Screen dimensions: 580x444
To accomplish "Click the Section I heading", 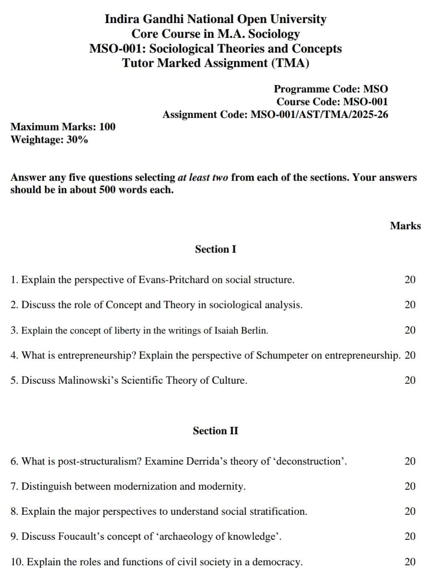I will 215,249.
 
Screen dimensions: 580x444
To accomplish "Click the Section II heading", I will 215,431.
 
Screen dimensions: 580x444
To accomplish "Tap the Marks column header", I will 405,226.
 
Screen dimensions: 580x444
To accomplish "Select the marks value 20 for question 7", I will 410,486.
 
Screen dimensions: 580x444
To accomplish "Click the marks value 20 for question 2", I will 410,305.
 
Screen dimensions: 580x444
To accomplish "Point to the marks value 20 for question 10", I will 410,562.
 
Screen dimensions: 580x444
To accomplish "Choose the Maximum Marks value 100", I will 107,126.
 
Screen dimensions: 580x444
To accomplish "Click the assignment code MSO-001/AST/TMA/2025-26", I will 319,115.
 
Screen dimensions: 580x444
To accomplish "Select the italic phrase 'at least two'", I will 203,178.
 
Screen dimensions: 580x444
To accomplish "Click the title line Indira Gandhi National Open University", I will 215,19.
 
